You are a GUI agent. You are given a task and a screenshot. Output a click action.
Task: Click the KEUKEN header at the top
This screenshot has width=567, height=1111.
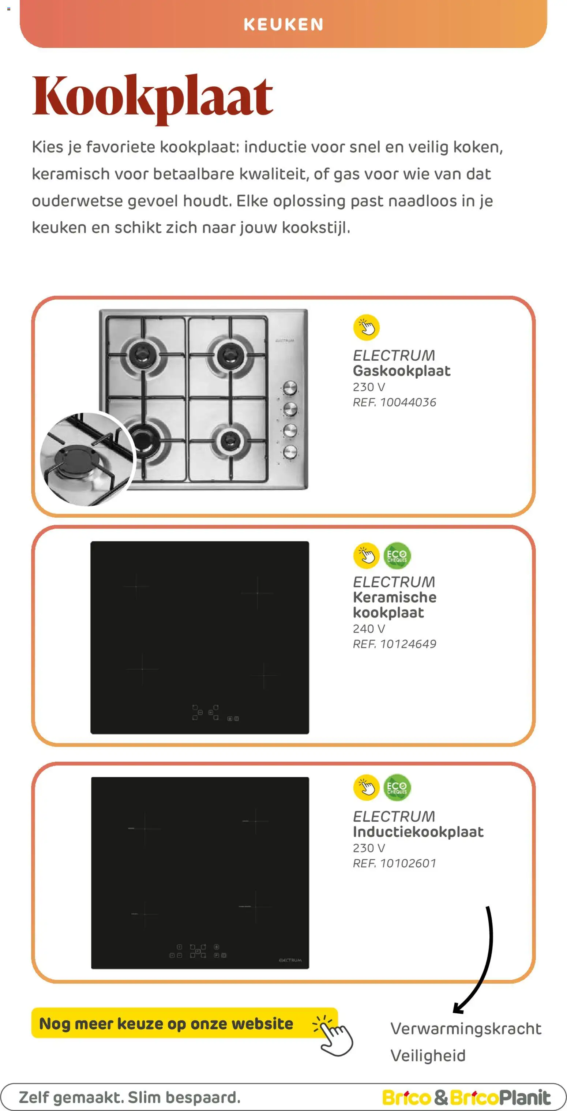(283, 24)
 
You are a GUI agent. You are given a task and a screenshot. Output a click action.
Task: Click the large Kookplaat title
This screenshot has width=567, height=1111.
(153, 97)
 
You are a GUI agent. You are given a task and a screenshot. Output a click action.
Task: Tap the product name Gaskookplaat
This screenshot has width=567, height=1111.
(401, 371)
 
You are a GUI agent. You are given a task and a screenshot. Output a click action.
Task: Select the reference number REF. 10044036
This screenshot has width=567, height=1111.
(394, 402)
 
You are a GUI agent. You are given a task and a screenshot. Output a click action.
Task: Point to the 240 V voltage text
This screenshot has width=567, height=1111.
(369, 629)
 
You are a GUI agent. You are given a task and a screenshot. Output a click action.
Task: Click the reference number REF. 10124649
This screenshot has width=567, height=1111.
(394, 644)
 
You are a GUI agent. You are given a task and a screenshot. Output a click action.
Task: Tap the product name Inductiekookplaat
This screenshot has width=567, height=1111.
(418, 832)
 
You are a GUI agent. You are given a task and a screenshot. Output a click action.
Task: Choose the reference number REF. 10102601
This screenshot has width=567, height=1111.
(394, 863)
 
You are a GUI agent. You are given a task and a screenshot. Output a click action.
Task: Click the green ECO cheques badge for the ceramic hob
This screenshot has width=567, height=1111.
(397, 555)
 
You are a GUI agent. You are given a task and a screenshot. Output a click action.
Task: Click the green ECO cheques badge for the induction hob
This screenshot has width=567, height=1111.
(397, 788)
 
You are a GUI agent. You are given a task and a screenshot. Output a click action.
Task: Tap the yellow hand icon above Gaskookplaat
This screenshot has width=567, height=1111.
(366, 327)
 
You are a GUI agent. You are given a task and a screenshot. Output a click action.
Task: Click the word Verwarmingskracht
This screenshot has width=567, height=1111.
(466, 1029)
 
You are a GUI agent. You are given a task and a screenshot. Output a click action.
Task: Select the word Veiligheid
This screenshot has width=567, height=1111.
(428, 1056)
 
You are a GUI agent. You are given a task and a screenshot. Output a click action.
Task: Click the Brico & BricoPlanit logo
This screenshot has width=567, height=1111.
(466, 1097)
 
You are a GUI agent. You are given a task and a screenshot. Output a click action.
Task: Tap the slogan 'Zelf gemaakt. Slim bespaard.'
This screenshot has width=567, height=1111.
(129, 1097)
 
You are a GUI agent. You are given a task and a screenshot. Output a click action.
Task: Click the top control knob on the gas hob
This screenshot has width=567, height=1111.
(290, 388)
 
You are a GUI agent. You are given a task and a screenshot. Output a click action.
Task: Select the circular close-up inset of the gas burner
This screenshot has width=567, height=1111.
(87, 459)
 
